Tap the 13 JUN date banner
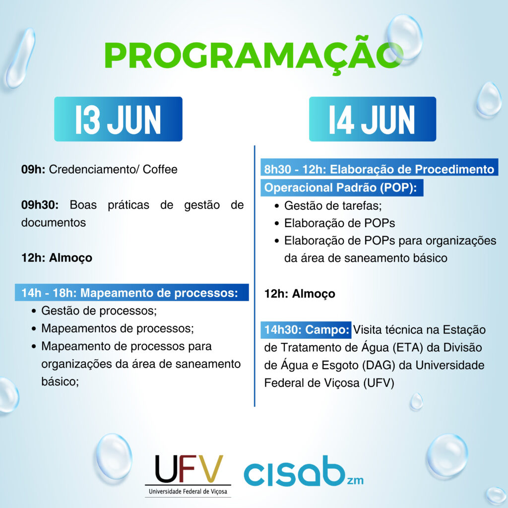(118, 119)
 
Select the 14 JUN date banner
(373, 119)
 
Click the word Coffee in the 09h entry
(160, 169)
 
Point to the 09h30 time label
(40, 205)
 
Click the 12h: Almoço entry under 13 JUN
(57, 258)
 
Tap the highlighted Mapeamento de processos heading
(132, 293)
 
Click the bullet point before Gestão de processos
(34, 311)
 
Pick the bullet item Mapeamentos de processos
(118, 328)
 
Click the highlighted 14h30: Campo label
(306, 330)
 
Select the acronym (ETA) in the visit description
(408, 348)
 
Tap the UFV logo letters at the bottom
(189, 469)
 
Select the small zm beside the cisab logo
(355, 480)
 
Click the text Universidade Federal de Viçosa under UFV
(188, 492)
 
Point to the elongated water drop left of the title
(20, 58)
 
